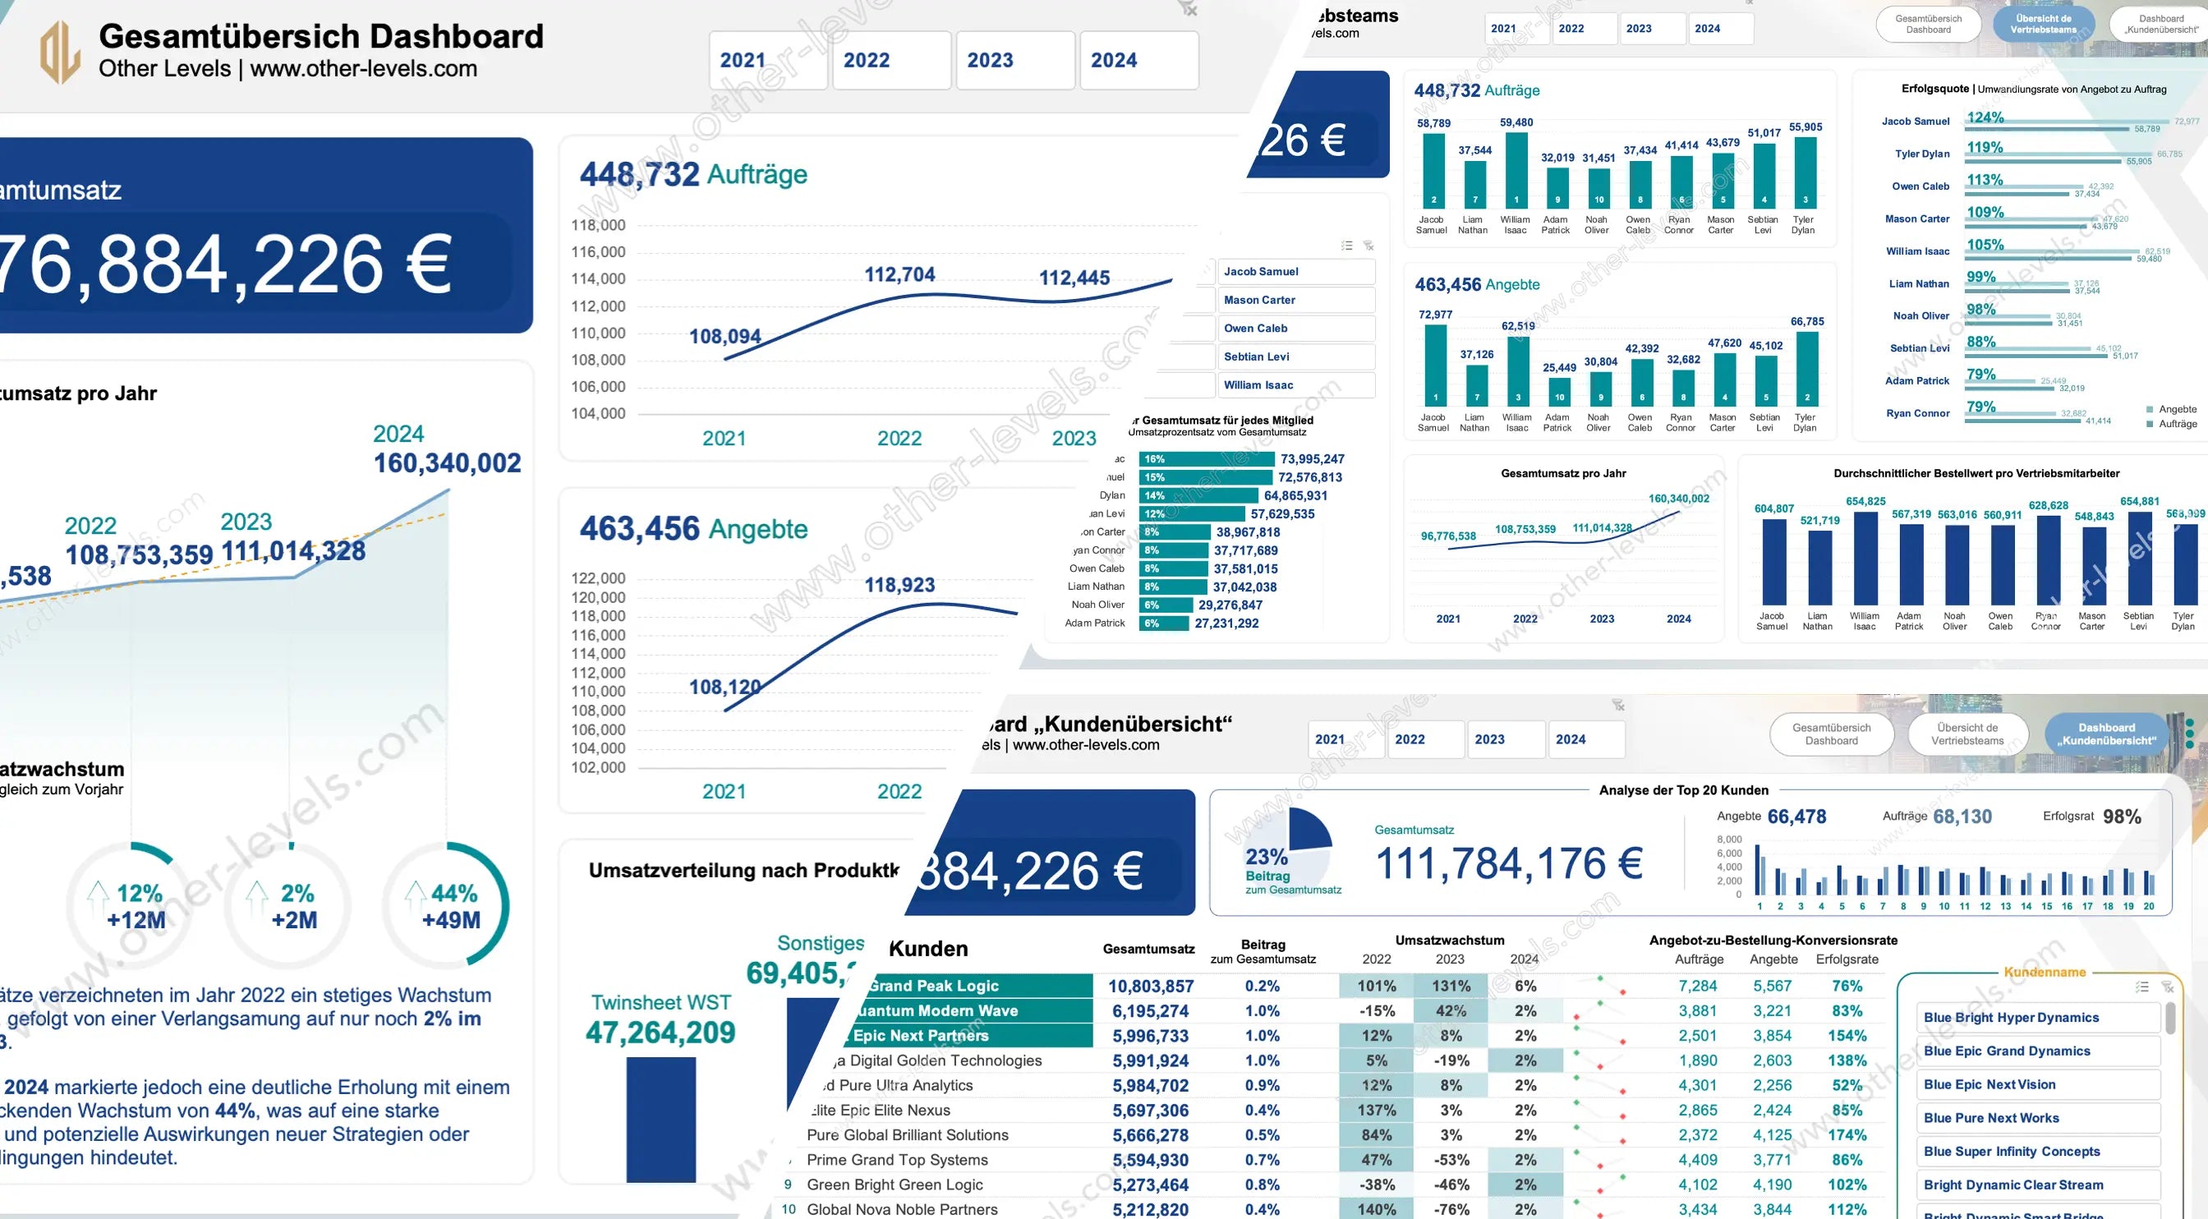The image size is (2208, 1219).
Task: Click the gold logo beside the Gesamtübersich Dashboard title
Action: tap(60, 53)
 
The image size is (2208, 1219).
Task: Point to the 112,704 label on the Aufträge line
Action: tap(899, 275)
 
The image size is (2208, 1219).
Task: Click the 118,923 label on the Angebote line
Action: tap(899, 586)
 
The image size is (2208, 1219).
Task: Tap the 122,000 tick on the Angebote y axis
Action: tap(598, 578)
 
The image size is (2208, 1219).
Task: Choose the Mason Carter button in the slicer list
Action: tap(1295, 300)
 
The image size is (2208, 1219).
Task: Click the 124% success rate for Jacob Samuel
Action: tap(1985, 117)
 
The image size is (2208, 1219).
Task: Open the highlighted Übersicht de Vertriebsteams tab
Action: tap(2044, 24)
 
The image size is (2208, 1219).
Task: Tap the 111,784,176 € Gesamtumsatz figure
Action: tap(1509, 863)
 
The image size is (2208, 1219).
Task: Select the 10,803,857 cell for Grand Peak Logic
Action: tap(1150, 987)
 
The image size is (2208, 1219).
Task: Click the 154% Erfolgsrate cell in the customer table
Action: tap(1847, 1037)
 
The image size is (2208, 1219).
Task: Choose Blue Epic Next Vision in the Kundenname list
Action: tap(1989, 1084)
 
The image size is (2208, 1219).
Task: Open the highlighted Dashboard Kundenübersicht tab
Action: tap(2106, 734)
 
